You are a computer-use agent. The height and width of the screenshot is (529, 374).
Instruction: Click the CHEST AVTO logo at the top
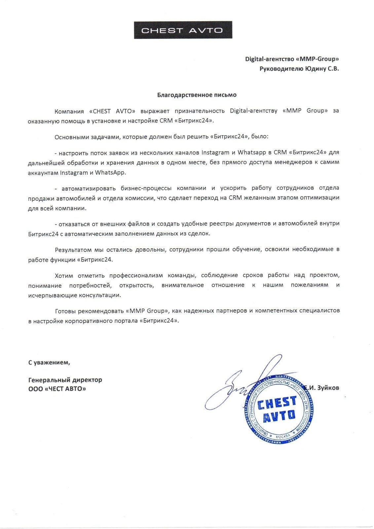183,30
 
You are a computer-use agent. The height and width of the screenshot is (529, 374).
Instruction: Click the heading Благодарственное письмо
197,95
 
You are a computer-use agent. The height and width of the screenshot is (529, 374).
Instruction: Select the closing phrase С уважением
49,362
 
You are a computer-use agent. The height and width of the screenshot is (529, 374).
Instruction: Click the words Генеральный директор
65,380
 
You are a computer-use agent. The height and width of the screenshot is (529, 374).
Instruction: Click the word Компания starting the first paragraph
68,111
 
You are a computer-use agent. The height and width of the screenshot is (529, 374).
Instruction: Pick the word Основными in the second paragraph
69,136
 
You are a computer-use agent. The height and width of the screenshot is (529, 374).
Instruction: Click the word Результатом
71,249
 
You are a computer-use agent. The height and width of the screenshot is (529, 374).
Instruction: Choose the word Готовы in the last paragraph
65,310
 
